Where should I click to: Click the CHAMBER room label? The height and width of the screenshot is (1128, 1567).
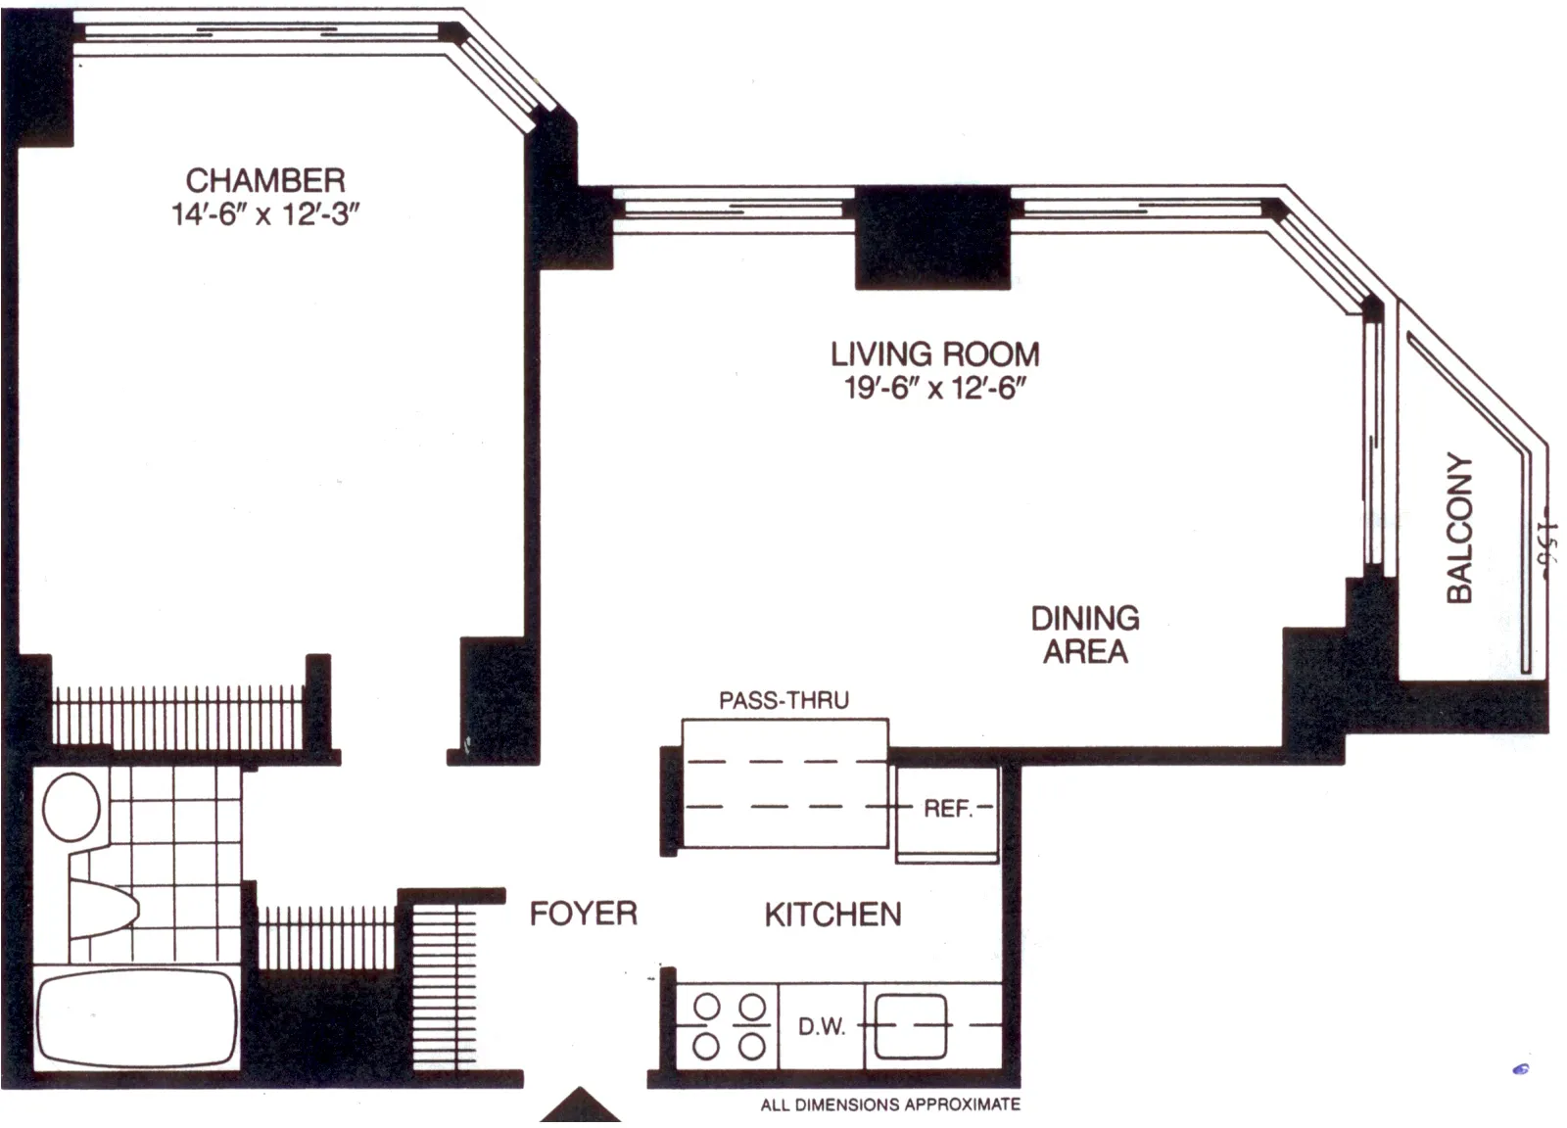(x=265, y=180)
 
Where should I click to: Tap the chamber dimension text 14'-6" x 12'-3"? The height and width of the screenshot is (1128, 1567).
(x=265, y=214)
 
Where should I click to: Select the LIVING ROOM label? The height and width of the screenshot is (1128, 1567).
(x=934, y=353)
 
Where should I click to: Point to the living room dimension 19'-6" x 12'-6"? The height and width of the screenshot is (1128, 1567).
(x=934, y=388)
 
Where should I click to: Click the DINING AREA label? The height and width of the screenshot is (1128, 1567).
(x=1085, y=634)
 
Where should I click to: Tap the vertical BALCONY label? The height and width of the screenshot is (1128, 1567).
(x=1459, y=528)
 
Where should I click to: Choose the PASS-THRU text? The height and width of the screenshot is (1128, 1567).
(x=783, y=700)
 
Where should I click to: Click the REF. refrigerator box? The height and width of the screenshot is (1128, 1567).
(x=947, y=809)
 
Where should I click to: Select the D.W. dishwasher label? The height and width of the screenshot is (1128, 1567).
(x=822, y=1026)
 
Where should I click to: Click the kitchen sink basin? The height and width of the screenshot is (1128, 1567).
(x=911, y=1026)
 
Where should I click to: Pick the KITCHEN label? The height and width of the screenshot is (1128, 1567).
(x=832, y=915)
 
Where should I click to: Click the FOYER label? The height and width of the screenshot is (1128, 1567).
(x=583, y=914)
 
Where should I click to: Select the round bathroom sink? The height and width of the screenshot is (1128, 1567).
(x=71, y=807)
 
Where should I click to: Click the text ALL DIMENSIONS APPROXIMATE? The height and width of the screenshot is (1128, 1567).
(x=890, y=1104)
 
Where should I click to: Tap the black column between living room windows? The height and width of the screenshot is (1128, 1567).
(x=932, y=238)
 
